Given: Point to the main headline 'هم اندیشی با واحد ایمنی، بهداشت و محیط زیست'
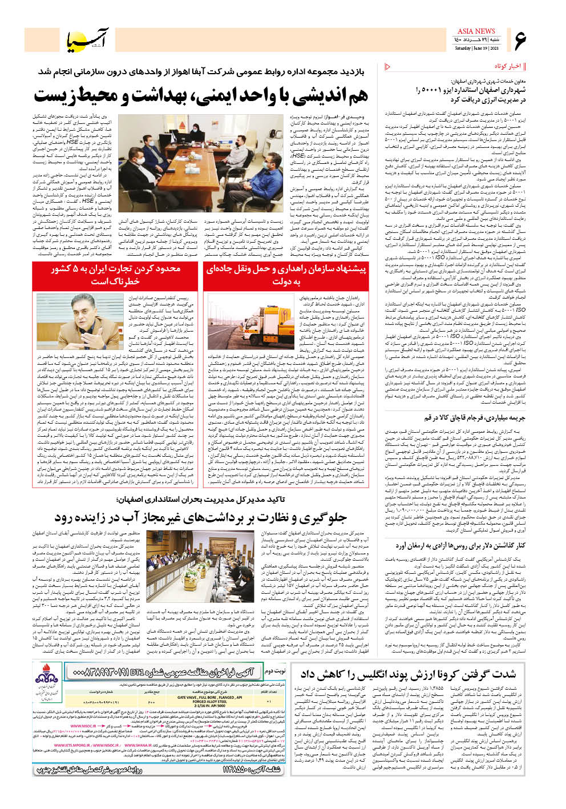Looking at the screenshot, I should point(201,95).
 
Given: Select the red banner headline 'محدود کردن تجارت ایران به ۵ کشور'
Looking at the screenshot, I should point(116,275).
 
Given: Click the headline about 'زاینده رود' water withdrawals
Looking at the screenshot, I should point(201,517).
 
